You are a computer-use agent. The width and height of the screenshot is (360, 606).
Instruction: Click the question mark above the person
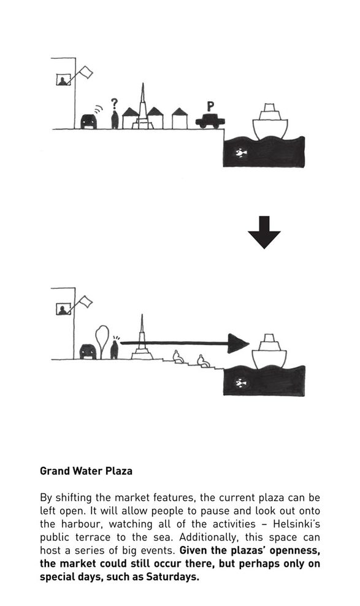tap(114, 104)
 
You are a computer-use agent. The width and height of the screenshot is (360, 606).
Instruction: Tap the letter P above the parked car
tap(210, 106)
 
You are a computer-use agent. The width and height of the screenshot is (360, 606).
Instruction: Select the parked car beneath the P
tap(210, 121)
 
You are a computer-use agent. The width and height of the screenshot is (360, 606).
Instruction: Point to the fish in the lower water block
tap(241, 383)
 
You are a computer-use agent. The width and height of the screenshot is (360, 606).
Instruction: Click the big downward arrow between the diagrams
tap(264, 232)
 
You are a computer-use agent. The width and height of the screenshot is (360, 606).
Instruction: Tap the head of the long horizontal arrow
tap(237, 343)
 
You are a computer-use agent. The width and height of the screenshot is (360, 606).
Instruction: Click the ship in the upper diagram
tap(270, 121)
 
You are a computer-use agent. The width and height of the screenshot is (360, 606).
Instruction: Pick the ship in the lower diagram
tap(269, 351)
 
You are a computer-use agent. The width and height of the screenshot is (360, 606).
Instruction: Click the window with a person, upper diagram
tap(63, 79)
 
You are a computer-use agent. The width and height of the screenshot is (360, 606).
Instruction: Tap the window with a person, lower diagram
tap(64, 309)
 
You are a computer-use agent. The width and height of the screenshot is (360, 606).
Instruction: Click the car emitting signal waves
tap(88, 121)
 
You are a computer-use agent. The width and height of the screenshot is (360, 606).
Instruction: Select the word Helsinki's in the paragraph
tap(297, 524)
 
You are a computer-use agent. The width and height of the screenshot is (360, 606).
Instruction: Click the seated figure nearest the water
tap(203, 361)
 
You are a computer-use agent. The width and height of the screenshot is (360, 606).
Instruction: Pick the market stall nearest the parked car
tap(180, 118)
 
